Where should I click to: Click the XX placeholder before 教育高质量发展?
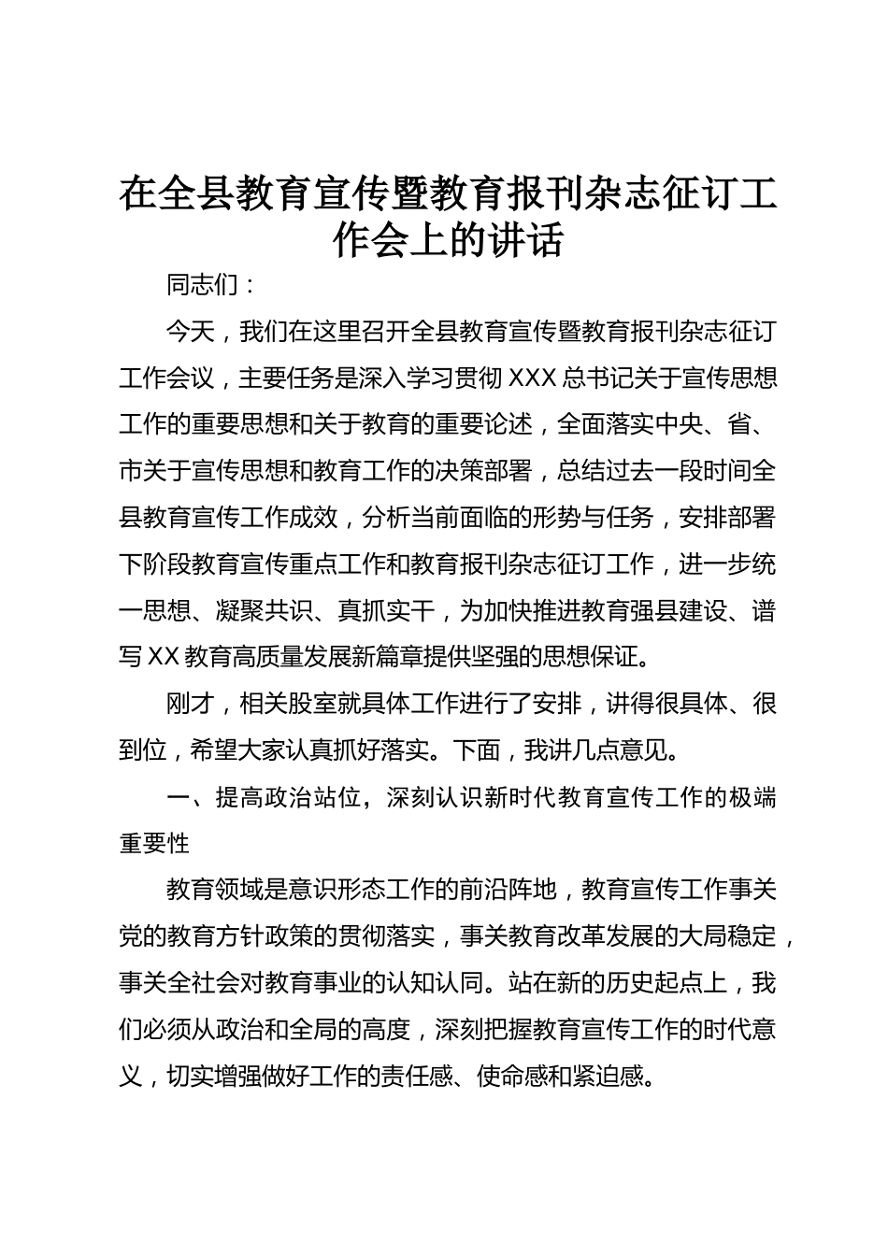pyautogui.click(x=164, y=658)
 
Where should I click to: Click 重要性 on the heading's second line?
pyautogui.click(x=155, y=844)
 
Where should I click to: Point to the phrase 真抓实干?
pyautogui.click(x=386, y=611)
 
